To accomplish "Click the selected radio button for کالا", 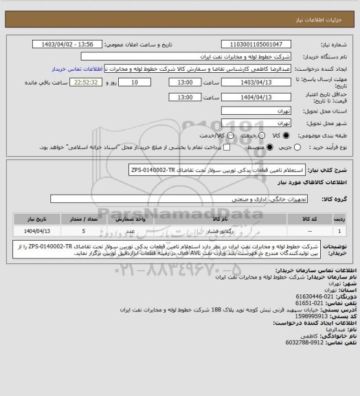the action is tap(276, 135).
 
